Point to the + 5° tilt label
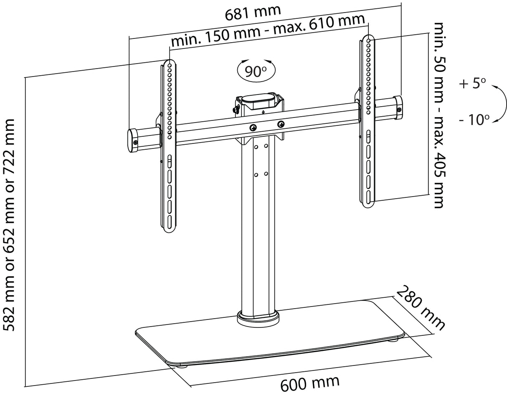click(x=472, y=83)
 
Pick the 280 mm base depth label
click(x=420, y=308)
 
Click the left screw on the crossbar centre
click(x=253, y=128)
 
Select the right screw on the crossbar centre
click(x=281, y=124)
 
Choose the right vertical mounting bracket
click(x=368, y=121)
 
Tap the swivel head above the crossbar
click(x=257, y=103)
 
